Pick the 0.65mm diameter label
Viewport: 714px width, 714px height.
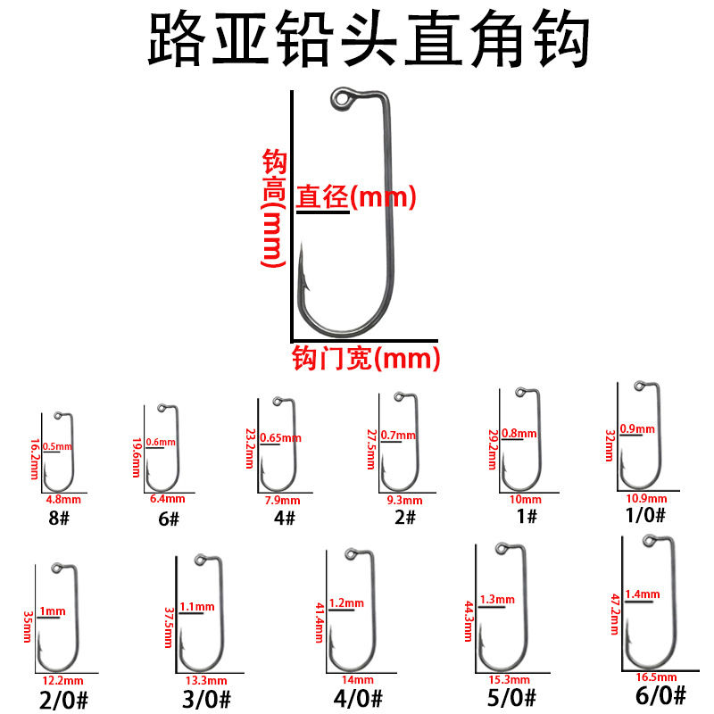point(281,437)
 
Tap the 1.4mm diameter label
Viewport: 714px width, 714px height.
point(643,594)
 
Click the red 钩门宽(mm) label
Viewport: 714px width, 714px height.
point(367,359)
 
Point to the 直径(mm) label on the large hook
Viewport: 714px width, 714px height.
point(356,196)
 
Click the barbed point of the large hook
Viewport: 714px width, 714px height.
point(304,268)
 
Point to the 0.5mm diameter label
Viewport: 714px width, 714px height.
point(58,445)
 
